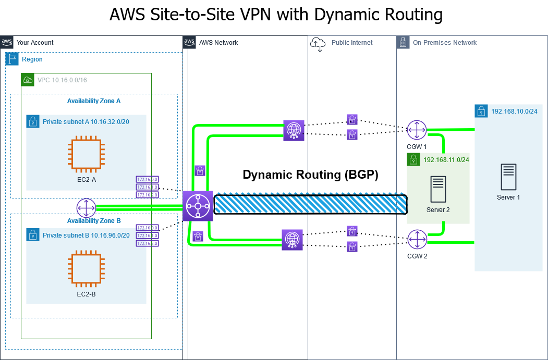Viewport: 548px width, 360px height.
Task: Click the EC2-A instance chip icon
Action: coord(87,154)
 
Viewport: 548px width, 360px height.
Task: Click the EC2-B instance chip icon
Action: coord(87,269)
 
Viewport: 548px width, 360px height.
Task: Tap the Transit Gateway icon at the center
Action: coord(198,206)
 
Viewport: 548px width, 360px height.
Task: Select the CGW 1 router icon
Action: coord(417,130)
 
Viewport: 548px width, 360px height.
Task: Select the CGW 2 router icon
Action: coord(417,240)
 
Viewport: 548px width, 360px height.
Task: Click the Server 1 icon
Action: coord(508,177)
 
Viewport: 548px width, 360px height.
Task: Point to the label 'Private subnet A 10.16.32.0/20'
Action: coord(86,121)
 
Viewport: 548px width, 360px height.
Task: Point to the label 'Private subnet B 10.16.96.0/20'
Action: coord(86,235)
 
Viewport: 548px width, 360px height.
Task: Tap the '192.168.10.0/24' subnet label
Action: coord(514,111)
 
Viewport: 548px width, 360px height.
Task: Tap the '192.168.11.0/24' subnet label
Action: coord(446,160)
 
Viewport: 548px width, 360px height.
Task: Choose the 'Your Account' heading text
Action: coord(35,43)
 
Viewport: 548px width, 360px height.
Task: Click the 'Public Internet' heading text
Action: coord(352,43)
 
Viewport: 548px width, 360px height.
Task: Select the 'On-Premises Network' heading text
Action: coord(444,43)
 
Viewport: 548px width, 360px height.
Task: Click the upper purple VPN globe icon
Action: coord(293,130)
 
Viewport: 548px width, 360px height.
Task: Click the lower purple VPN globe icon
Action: coord(292,240)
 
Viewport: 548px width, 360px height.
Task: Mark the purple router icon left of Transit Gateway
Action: coord(86,208)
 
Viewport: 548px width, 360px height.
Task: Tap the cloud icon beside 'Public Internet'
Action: coord(318,43)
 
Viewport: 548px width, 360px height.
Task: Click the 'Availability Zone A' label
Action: coord(94,101)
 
